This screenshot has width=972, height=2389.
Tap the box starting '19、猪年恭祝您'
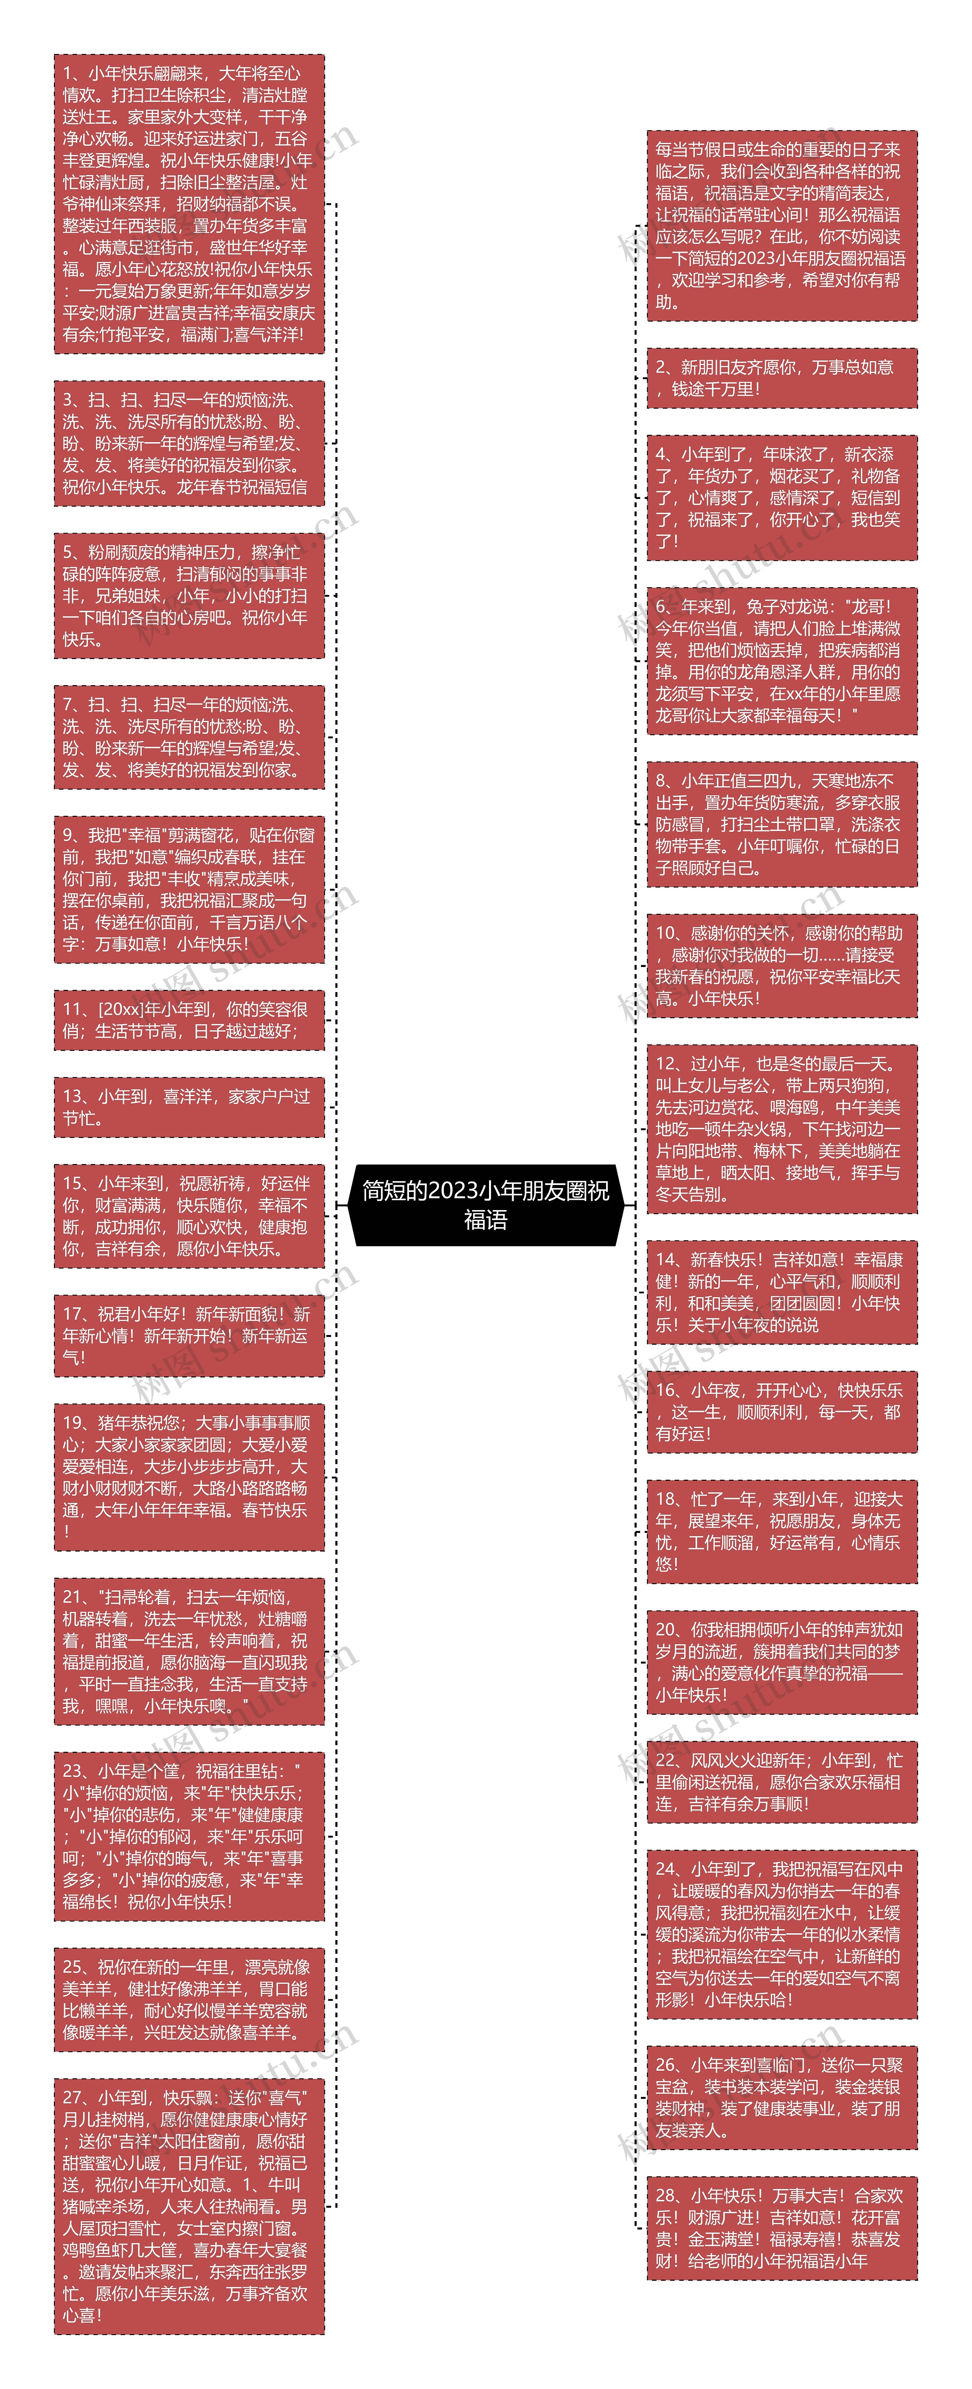click(189, 1476)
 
